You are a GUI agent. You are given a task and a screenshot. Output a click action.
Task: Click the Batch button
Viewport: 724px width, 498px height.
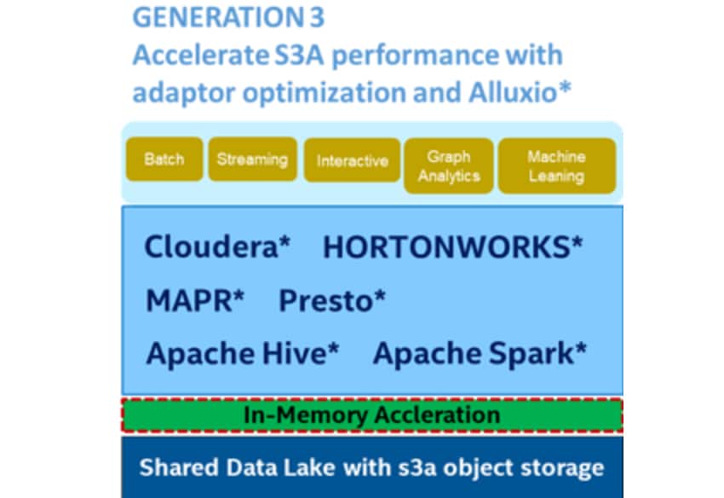click(164, 159)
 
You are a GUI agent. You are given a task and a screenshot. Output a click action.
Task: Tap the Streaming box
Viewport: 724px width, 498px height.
click(253, 159)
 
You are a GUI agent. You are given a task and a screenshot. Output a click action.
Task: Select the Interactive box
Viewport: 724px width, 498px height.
click(353, 160)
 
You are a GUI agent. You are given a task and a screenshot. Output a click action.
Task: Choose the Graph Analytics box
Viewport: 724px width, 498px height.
click(449, 166)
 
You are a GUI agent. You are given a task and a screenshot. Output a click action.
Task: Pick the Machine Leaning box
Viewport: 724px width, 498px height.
click(557, 166)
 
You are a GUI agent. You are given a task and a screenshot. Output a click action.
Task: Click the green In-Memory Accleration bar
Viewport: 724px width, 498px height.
click(372, 415)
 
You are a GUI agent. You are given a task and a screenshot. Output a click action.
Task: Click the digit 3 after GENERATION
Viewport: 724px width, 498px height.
click(317, 17)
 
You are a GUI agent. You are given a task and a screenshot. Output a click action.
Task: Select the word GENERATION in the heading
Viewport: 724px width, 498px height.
click(217, 17)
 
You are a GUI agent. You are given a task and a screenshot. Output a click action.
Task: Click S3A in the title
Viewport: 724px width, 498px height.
click(300, 55)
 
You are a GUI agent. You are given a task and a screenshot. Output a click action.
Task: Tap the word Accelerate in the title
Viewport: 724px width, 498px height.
click(201, 55)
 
